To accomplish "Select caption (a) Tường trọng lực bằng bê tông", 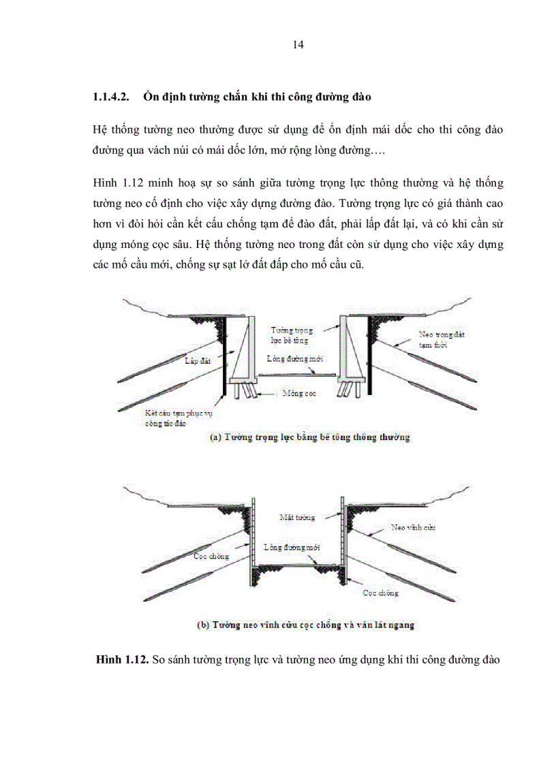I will click(309, 437).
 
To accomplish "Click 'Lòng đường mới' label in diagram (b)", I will click(292, 547).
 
